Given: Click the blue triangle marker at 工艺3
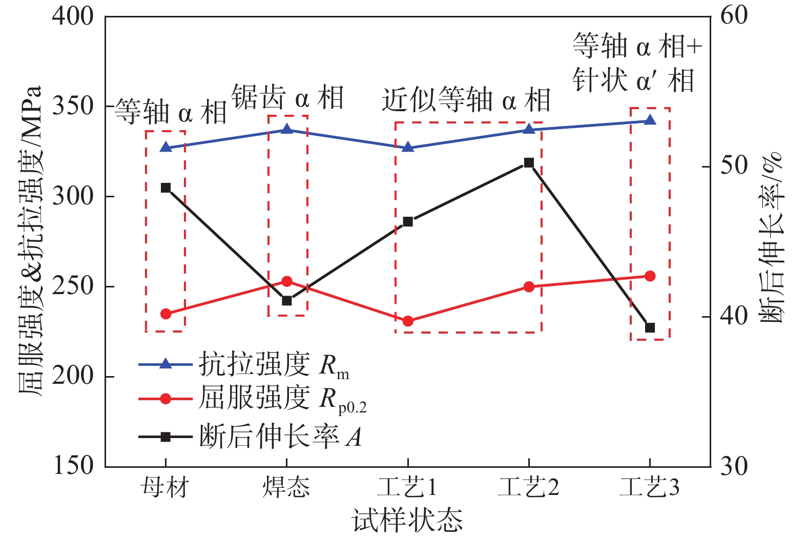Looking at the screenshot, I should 650,120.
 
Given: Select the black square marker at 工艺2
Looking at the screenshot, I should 529,163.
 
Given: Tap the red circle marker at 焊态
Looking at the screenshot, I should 287,281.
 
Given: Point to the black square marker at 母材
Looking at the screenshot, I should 165,188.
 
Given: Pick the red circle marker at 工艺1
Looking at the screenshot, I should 408,321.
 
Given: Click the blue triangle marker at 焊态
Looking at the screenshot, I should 287,129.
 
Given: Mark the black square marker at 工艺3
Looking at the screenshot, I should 650,327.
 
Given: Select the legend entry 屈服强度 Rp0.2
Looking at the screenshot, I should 282,399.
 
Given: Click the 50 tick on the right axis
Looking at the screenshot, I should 734,166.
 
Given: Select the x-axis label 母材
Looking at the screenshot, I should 165,487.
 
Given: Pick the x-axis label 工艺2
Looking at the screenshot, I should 529,487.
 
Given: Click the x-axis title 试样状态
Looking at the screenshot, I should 407,521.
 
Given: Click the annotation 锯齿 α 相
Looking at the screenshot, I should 287,97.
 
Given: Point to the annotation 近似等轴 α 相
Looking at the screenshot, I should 466,100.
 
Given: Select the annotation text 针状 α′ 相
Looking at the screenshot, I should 633,81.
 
